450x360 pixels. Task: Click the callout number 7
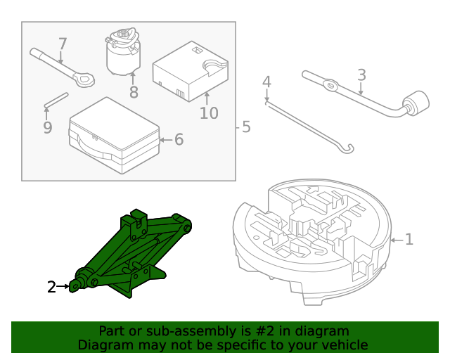pyautogui.click(x=63, y=44)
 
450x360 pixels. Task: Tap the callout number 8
pyautogui.click(x=134, y=92)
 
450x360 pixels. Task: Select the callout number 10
pyautogui.click(x=209, y=112)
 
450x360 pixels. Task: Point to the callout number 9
pyautogui.click(x=47, y=127)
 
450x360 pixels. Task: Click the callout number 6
pyautogui.click(x=179, y=140)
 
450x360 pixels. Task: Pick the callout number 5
pyautogui.click(x=245, y=127)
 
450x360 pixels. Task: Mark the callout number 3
pyautogui.click(x=361, y=75)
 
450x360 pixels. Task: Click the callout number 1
pyautogui.click(x=409, y=240)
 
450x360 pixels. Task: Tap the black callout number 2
pyautogui.click(x=51, y=287)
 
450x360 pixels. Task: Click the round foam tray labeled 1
pyautogui.click(x=309, y=239)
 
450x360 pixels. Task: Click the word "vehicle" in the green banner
pyautogui.click(x=344, y=345)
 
